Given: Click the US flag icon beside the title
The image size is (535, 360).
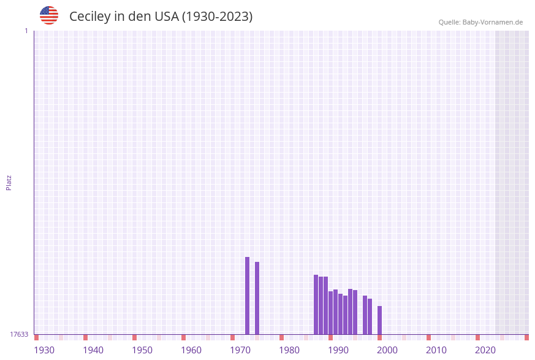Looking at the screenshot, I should click(x=49, y=15).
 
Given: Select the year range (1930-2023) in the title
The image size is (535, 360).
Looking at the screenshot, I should click(x=218, y=17).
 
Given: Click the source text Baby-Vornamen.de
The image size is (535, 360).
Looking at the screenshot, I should click(x=492, y=22).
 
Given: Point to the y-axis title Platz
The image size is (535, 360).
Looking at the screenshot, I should click(x=9, y=183).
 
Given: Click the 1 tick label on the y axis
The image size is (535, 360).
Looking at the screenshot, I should click(x=26, y=31).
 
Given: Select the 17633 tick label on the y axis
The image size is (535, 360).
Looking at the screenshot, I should click(x=19, y=334).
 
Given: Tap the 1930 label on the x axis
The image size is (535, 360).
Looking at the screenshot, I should click(x=44, y=350).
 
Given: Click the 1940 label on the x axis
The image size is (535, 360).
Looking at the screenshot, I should click(x=93, y=350).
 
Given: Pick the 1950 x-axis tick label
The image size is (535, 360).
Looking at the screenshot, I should click(x=142, y=350).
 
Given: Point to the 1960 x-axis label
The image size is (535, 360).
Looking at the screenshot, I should click(x=191, y=350).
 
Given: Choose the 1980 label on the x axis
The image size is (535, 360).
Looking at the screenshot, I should click(x=289, y=350).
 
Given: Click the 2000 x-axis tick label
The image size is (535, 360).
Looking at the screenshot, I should click(x=387, y=350).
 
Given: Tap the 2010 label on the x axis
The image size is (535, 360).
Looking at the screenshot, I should click(x=436, y=350).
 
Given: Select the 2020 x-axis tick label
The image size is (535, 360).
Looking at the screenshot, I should click(x=485, y=350).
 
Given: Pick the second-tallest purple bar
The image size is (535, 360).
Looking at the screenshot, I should click(x=257, y=298).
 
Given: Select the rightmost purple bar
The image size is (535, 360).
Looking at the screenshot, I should click(x=379, y=320).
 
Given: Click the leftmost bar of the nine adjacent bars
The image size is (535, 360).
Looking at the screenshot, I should click(x=316, y=304).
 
